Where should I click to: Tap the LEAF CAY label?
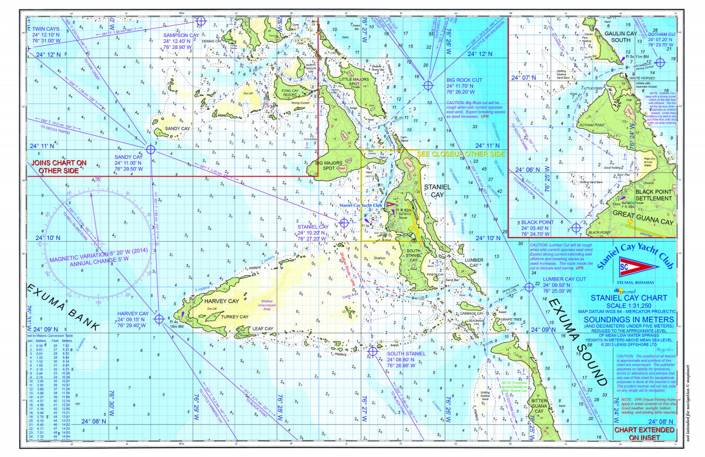pyautogui.click(x=261, y=329)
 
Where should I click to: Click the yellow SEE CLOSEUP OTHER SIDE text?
pyautogui.click(x=461, y=154)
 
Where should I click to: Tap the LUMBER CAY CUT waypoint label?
pyautogui.click(x=564, y=279)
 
